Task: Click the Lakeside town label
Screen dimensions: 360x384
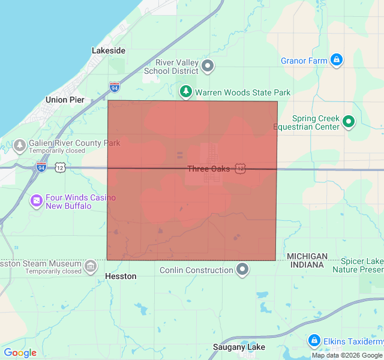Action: (109, 51)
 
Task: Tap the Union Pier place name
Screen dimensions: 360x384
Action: (65, 100)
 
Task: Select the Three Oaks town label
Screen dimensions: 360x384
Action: (208, 169)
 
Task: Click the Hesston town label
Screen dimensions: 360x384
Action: (121, 277)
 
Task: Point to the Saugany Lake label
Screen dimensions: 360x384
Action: (239, 347)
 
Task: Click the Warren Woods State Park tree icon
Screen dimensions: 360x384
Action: (187, 92)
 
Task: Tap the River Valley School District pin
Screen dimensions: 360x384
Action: (208, 66)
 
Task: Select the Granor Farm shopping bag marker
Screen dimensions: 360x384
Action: (337, 61)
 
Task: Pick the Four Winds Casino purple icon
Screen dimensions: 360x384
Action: (37, 200)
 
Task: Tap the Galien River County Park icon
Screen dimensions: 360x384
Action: (20, 145)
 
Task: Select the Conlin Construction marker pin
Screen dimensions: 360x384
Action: (242, 269)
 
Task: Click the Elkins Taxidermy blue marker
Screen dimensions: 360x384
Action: (313, 341)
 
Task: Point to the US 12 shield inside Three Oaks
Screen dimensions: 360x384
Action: (240, 169)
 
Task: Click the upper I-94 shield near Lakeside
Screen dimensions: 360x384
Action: (115, 88)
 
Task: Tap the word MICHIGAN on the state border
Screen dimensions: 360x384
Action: (307, 256)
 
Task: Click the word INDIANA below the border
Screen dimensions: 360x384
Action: (307, 265)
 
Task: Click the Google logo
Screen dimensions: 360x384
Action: (20, 353)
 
